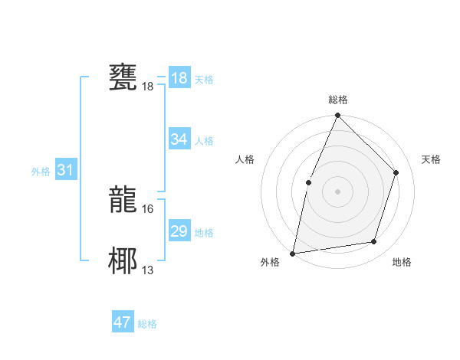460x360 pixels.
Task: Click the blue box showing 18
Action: pos(179,78)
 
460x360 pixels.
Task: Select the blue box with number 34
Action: pos(179,139)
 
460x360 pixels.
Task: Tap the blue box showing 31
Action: pos(64,170)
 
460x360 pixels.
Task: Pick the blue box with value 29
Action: pos(179,231)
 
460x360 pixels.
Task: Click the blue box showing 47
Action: pos(122,322)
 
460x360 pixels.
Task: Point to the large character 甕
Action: pos(123,78)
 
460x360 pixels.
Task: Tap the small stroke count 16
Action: pos(148,208)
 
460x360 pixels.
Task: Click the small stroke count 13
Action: pos(148,270)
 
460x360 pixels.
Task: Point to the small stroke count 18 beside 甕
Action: pos(148,87)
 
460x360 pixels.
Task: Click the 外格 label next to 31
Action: pos(41,172)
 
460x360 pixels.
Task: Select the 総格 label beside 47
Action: pos(147,324)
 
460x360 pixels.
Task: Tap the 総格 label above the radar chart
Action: pos(337,100)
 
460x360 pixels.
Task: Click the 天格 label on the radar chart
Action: pos(431,159)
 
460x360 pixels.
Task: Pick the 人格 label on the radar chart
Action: pos(245,159)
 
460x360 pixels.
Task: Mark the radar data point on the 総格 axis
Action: pos(337,116)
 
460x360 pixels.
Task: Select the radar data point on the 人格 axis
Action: pos(308,182)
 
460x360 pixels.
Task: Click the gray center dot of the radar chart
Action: pos(337,191)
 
